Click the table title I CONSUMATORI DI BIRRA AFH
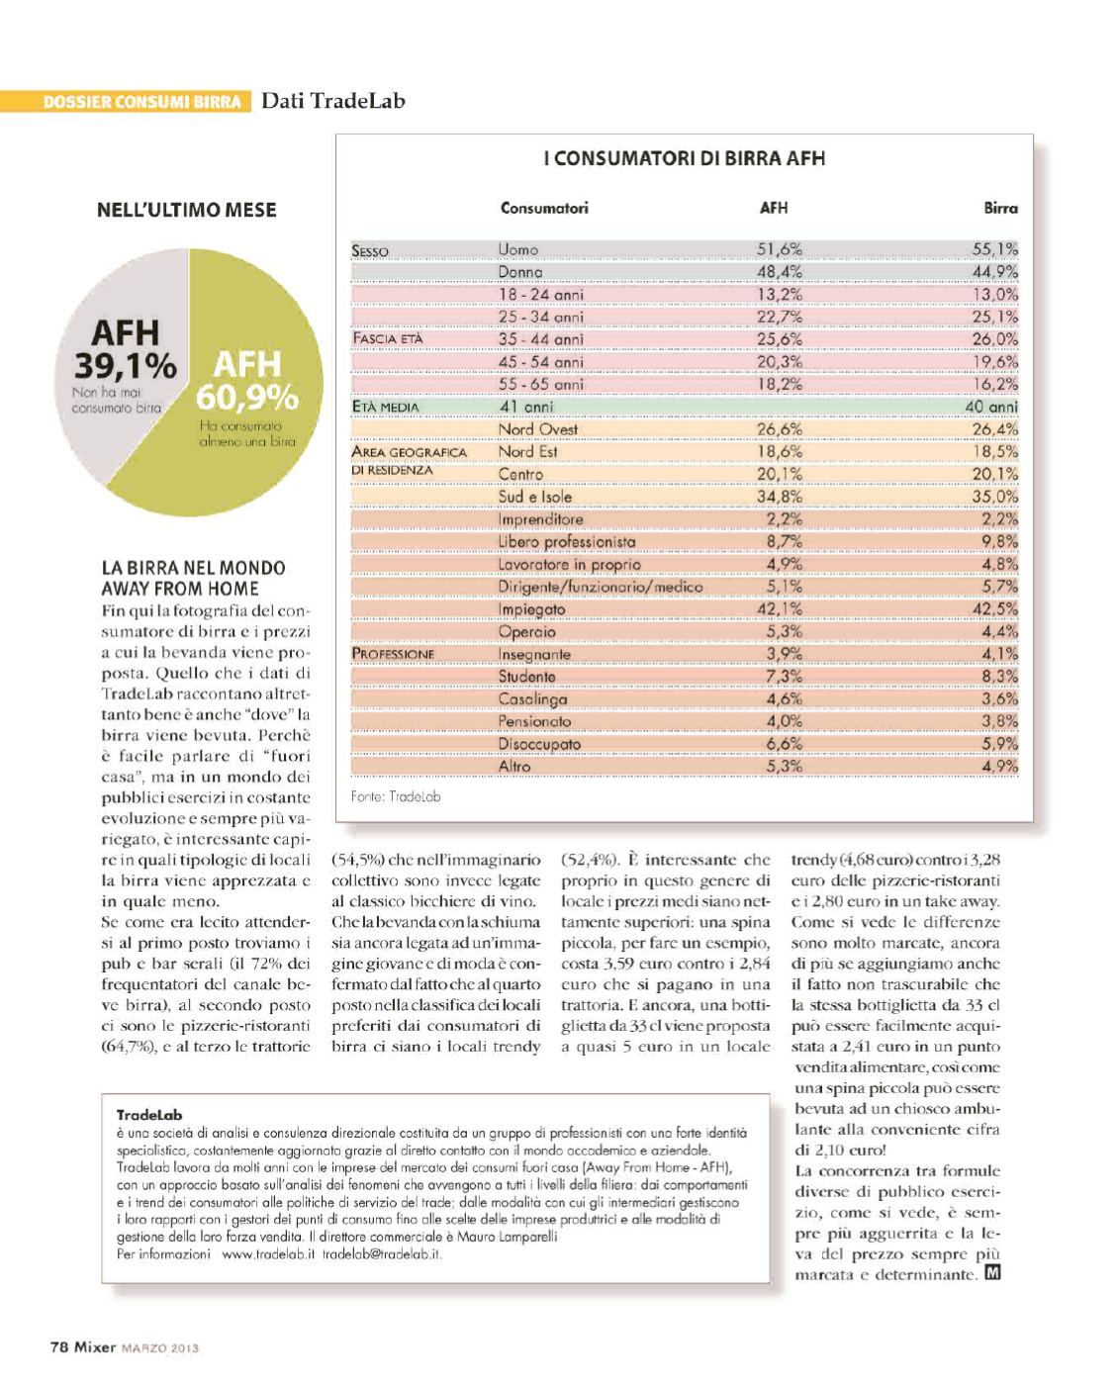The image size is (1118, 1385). (x=685, y=158)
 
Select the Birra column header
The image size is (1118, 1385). (x=1000, y=208)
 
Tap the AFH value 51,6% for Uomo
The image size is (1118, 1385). (x=780, y=249)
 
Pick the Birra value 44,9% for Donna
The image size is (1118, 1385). (x=994, y=272)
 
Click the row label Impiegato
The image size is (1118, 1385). (x=532, y=609)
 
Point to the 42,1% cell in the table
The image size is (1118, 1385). (x=780, y=609)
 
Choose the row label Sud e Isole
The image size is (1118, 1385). (x=535, y=497)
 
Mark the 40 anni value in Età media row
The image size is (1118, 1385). (x=991, y=407)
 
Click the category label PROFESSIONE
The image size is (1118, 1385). (x=393, y=654)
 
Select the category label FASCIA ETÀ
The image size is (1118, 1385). (x=388, y=338)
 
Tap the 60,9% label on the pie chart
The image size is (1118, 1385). (x=247, y=397)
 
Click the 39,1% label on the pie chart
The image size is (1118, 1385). (x=126, y=366)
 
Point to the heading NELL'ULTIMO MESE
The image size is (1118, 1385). (x=187, y=210)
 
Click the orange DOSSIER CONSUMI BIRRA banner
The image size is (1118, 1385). (x=142, y=101)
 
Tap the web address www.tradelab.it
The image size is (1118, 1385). (x=268, y=1253)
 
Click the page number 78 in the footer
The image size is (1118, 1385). (x=59, y=1346)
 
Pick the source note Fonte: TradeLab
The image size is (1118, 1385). (x=396, y=796)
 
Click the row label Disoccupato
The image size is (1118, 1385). (x=539, y=744)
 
